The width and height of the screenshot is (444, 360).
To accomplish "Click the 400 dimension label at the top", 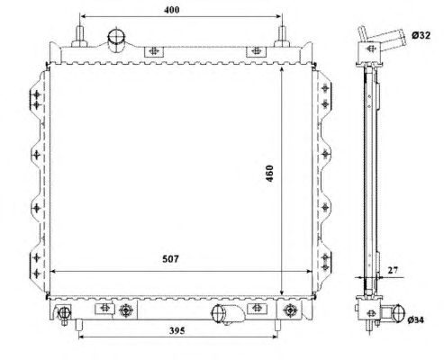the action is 172,10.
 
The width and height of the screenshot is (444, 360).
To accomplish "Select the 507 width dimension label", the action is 170,259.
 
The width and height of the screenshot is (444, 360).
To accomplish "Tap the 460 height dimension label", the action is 269,174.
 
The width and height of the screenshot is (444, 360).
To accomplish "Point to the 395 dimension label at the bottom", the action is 177,330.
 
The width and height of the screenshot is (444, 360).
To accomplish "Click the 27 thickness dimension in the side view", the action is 393,270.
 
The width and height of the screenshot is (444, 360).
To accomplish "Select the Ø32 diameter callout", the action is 421,35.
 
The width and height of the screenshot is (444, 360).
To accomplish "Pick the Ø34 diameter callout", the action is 416,320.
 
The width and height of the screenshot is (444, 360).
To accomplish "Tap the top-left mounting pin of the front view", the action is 79,37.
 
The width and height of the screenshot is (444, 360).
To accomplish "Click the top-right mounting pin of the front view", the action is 282,37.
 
